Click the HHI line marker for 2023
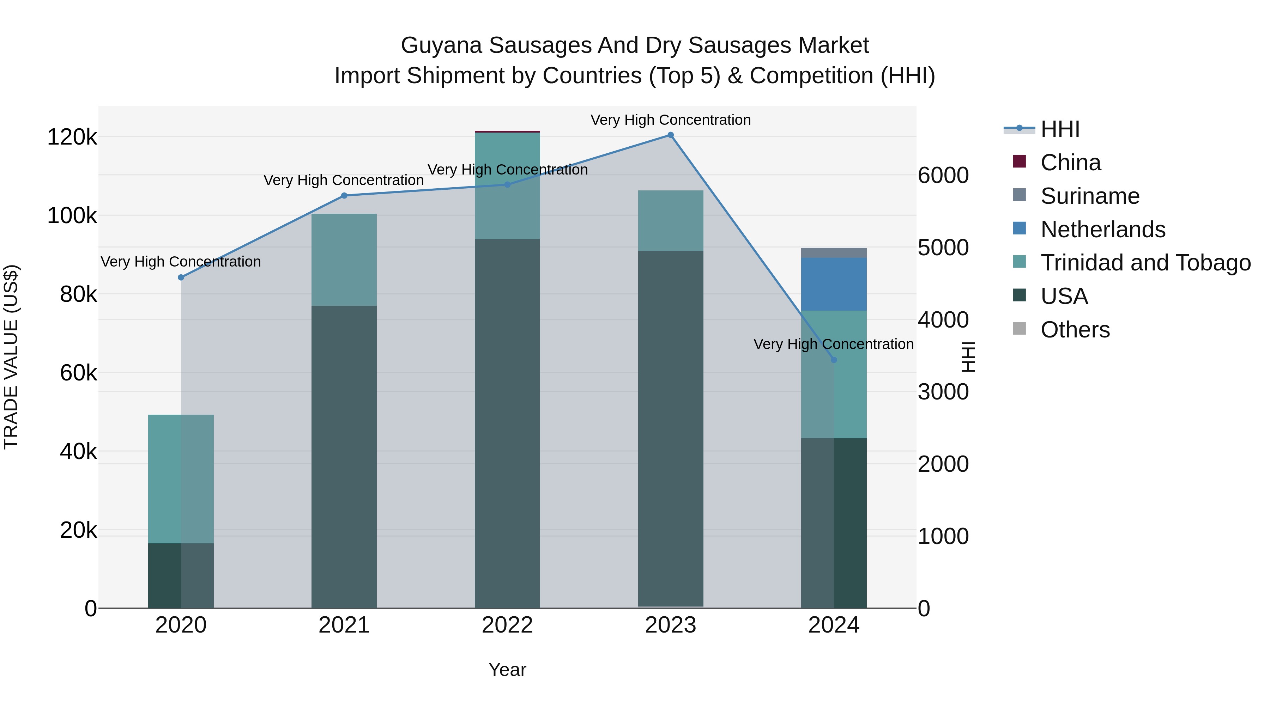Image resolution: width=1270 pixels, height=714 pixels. tap(671, 135)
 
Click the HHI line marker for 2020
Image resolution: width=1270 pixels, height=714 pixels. tap(181, 277)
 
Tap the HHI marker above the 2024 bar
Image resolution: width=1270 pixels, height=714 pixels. tap(834, 360)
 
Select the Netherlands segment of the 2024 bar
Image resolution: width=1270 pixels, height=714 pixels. tap(834, 284)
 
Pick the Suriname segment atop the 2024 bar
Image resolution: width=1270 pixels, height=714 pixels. tap(834, 253)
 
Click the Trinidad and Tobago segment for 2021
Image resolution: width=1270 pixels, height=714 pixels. tap(344, 260)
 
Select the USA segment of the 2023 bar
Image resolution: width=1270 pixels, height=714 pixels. tap(671, 429)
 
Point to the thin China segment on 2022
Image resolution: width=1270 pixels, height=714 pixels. tap(507, 132)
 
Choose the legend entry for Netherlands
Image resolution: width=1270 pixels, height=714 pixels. tap(1103, 230)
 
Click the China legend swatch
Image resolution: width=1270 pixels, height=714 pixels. tap(1019, 161)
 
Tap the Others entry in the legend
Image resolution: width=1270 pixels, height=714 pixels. tap(1075, 330)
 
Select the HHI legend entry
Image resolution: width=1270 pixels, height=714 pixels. tap(1060, 129)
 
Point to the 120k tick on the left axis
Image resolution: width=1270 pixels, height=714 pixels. tap(72, 138)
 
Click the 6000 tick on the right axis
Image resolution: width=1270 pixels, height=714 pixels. tap(943, 176)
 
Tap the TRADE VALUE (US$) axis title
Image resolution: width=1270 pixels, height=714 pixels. tap(11, 357)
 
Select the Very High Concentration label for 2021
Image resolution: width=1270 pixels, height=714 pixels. tap(344, 180)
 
